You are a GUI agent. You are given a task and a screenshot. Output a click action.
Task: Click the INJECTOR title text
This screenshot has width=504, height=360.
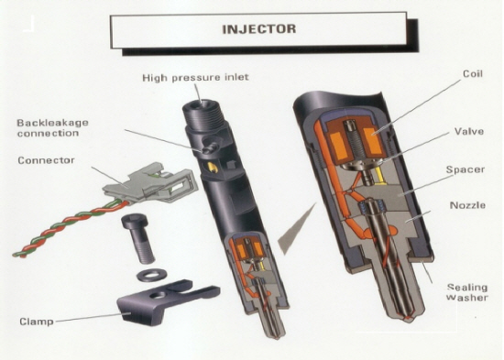pyautogui.click(x=259, y=29)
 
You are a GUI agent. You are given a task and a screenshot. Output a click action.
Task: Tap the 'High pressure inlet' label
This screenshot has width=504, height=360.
pyautogui.click(x=195, y=78)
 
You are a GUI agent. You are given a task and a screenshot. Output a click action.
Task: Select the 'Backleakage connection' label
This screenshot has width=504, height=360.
pyautogui.click(x=52, y=127)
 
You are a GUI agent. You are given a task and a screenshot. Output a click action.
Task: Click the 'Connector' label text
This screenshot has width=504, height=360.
pyautogui.click(x=46, y=160)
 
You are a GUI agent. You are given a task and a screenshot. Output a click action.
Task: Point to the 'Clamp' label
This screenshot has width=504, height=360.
pyautogui.click(x=37, y=322)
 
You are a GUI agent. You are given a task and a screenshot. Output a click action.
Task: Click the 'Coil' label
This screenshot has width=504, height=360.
pyautogui.click(x=473, y=73)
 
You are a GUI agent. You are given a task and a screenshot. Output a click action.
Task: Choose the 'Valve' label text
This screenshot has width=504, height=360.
pyautogui.click(x=469, y=131)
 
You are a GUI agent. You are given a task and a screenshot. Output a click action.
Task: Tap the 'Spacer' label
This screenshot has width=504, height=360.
pyautogui.click(x=466, y=169)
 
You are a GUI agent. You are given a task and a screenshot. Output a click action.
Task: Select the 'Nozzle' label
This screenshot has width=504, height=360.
pyautogui.click(x=467, y=205)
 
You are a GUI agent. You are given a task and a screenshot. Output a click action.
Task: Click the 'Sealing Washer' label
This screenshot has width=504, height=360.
pyautogui.click(x=467, y=292)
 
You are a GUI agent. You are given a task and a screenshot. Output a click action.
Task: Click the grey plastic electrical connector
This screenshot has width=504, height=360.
pyautogui.click(x=151, y=182)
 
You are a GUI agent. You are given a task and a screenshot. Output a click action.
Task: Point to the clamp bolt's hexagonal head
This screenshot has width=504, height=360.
pyautogui.click(x=135, y=223)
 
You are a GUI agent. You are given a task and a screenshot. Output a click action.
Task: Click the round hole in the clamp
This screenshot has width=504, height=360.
pyautogui.click(x=158, y=295)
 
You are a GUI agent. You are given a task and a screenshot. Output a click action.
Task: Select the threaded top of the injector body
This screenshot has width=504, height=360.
pyautogui.click(x=203, y=115)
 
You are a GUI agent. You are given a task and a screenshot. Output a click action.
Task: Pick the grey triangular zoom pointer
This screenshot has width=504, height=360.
pyautogui.click(x=295, y=227)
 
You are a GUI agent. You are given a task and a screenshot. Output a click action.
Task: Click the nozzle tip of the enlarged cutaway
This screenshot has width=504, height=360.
pyautogui.click(x=409, y=318)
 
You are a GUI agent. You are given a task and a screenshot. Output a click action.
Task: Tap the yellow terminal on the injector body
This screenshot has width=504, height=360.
pyautogui.click(x=213, y=166)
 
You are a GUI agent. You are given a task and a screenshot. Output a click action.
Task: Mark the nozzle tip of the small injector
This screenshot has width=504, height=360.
pyautogui.click(x=276, y=336)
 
